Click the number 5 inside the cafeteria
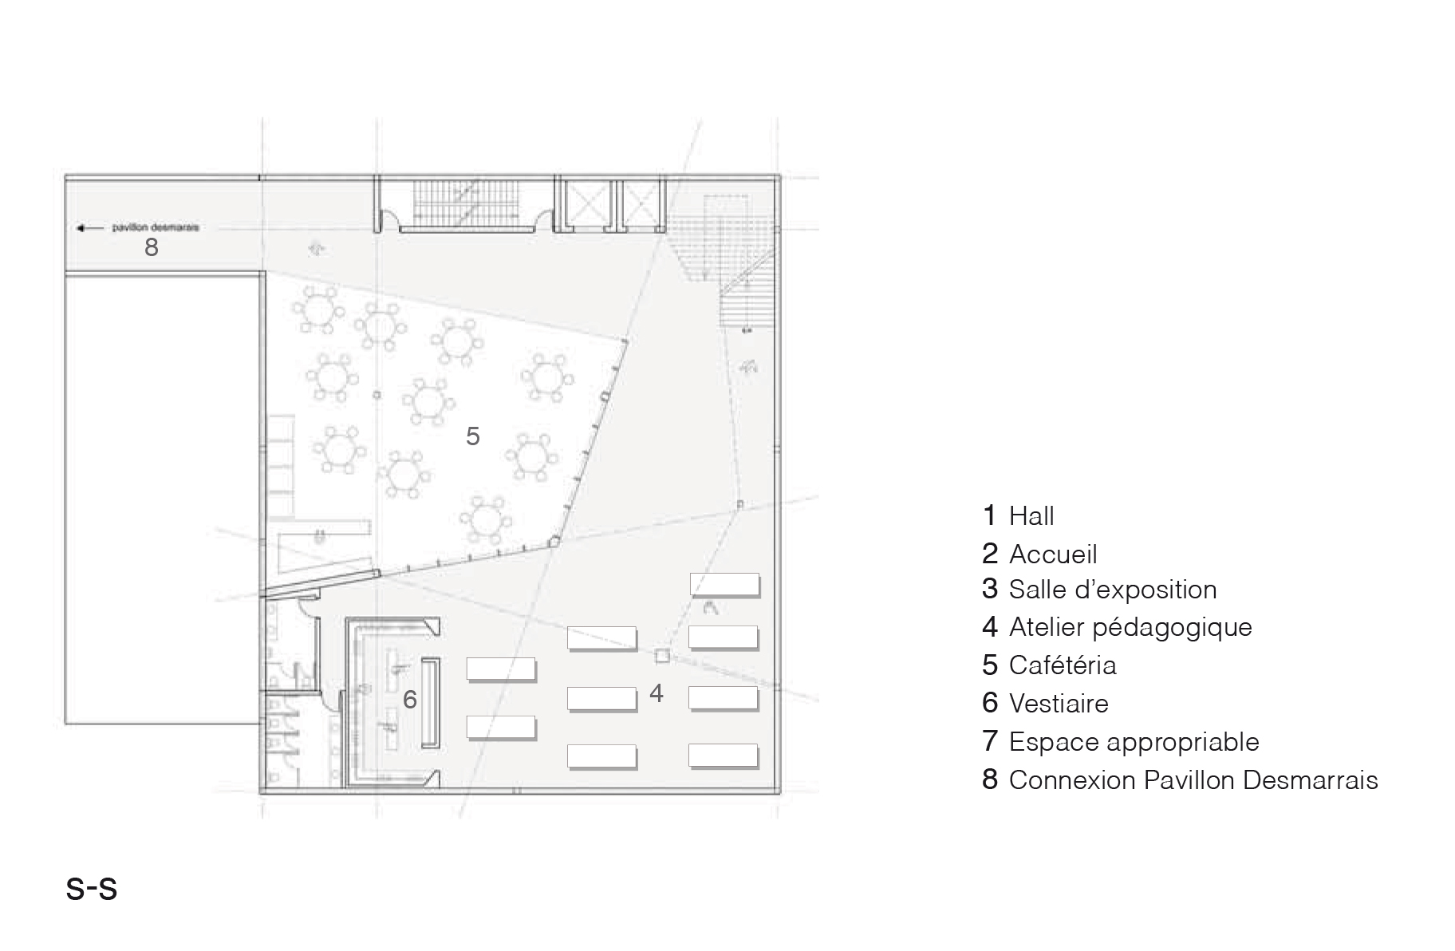472,436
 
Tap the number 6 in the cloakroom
409,700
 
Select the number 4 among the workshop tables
656,693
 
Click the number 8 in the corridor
151,247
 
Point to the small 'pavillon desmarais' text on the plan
155,227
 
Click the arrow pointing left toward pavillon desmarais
89,228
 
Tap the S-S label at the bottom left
92,888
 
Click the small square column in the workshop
661,656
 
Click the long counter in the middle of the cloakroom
431,702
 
